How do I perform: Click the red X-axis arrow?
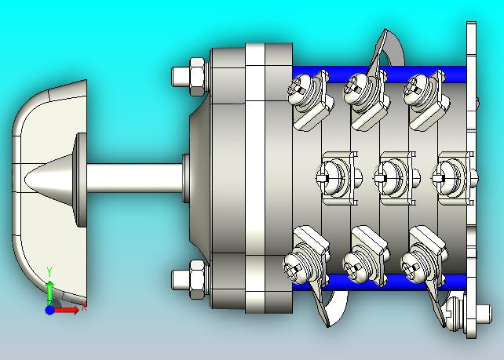tap(67, 311)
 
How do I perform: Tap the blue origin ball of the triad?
tap(49, 311)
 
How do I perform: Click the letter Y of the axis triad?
tap(49, 271)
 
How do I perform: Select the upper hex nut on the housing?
tap(198, 77)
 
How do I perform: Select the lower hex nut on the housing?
tap(198, 279)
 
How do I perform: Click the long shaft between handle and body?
tap(134, 178)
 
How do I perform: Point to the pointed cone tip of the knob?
tap(26, 177)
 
